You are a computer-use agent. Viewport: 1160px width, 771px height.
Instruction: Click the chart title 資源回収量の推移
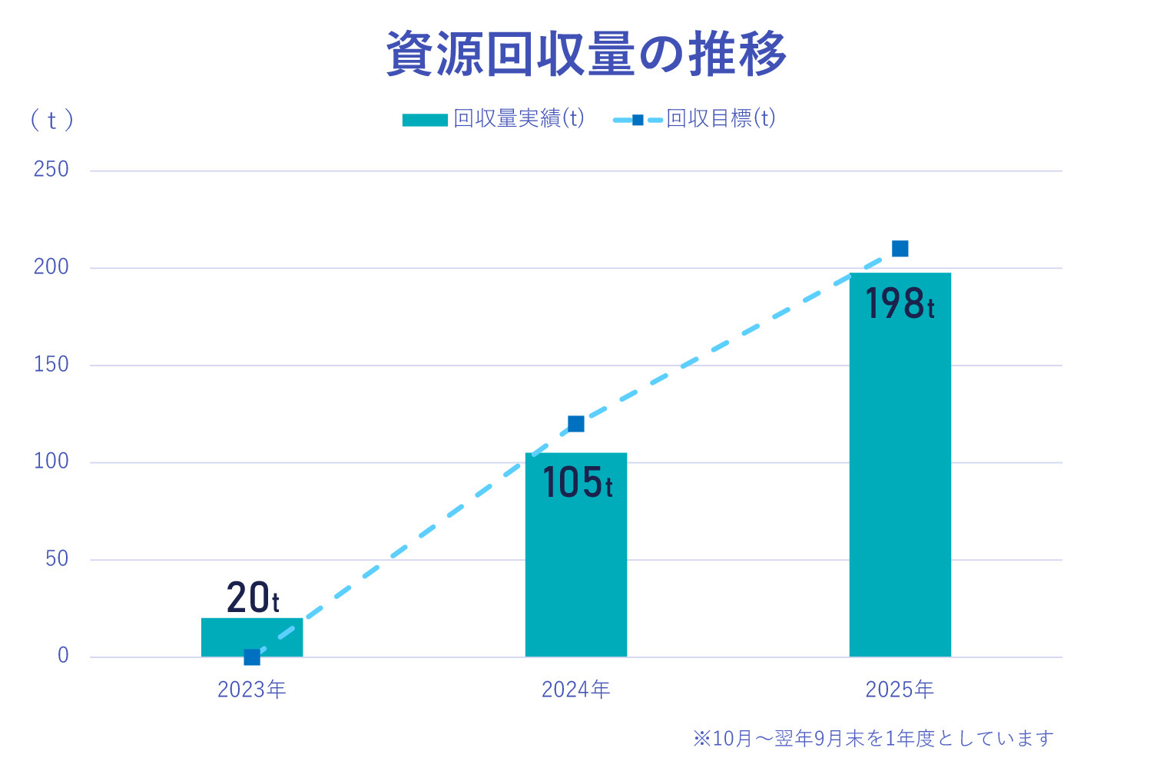point(586,54)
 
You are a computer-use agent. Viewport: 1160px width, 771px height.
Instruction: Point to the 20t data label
point(253,597)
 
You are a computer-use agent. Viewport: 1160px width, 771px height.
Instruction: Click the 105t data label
point(577,482)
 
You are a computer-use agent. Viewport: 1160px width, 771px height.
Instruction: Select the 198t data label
point(900,303)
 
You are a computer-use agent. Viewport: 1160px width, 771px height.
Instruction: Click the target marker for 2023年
point(252,657)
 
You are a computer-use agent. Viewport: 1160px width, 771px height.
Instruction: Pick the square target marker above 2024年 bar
point(575,424)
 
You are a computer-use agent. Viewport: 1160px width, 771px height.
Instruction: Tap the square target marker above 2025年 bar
point(900,249)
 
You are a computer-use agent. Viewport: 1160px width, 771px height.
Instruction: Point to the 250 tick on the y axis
point(51,170)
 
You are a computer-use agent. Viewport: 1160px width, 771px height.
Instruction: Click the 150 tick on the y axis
point(51,364)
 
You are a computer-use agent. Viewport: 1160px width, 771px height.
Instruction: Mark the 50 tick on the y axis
point(57,558)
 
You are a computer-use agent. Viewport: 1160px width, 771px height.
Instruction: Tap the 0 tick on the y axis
point(63,656)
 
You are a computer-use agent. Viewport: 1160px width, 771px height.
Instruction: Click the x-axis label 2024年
point(575,690)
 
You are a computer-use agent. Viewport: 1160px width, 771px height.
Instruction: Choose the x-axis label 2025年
point(900,690)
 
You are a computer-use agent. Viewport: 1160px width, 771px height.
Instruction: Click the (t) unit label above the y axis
point(51,120)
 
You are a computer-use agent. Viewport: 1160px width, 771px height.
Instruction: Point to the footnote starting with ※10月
point(873,739)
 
